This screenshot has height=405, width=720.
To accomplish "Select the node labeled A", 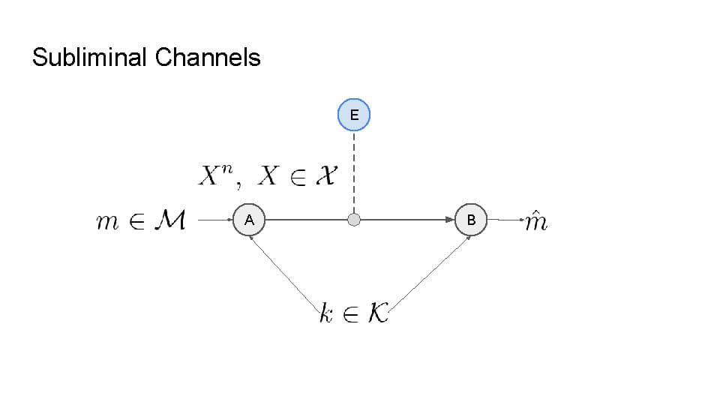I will (249, 220).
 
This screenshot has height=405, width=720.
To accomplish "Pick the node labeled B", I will (471, 220).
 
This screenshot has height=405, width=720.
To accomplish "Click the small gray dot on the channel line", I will (354, 220).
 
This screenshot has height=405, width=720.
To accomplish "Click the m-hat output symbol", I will (535, 221).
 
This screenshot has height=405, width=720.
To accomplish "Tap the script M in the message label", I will (170, 220).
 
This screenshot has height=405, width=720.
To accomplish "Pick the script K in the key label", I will (379, 313).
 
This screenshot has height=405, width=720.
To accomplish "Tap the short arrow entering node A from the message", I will (217, 220).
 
